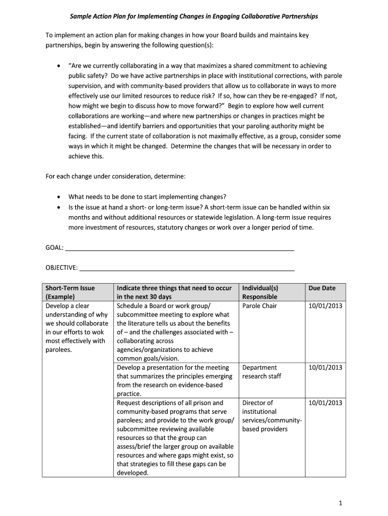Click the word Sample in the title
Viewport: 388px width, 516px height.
[81, 17]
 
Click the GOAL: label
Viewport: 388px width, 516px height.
[54, 247]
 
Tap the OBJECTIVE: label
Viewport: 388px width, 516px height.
[61, 268]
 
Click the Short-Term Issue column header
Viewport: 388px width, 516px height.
[70, 292]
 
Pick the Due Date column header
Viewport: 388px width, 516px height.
[322, 288]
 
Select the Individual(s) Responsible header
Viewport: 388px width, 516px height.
[260, 292]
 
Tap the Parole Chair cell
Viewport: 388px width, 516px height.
[260, 306]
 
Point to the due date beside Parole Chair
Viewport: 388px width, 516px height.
[325, 306]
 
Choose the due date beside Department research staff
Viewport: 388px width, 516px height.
[325, 367]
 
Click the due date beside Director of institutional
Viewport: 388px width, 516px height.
[325, 403]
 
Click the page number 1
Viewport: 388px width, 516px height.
[341, 503]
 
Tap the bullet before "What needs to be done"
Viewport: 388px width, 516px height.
[59, 197]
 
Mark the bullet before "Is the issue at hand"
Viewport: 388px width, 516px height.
[59, 207]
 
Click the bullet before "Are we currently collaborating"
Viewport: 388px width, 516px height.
[59, 66]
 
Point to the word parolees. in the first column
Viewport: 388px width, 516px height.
[59, 350]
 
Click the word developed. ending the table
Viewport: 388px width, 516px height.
[133, 473]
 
